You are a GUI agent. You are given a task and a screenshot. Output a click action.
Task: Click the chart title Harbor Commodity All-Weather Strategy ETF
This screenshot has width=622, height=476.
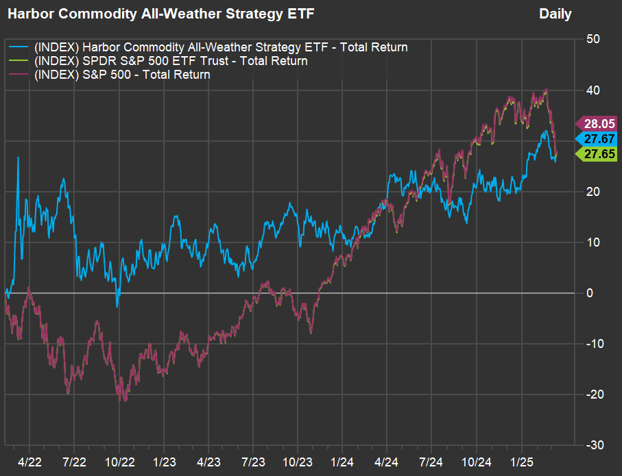coord(162,14)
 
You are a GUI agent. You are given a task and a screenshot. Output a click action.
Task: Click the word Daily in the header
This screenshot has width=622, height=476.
coord(555,14)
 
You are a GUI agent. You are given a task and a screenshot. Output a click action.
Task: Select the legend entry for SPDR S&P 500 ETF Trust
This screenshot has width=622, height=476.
coord(170,61)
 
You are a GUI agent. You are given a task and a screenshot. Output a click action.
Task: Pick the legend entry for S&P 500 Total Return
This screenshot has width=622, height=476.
coord(121,75)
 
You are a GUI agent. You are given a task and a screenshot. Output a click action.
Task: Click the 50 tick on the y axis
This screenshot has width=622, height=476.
coord(594,40)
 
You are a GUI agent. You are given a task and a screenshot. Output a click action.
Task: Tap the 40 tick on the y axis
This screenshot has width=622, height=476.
coord(594,90)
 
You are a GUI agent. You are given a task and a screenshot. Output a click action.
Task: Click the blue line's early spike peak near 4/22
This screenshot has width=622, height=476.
coord(18,158)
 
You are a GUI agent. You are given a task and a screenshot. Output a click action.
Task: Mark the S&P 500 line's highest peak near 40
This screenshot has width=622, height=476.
coord(546,90)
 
